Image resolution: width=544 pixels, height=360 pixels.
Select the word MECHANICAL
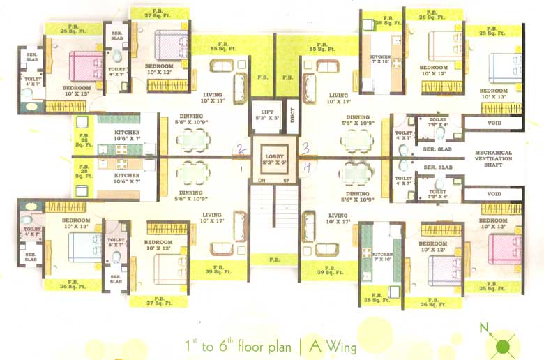(494, 153)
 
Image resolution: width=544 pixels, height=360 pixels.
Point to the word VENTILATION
(494, 160)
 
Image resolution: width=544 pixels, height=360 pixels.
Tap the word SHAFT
(494, 167)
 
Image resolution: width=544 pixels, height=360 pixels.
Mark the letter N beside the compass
(483, 327)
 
